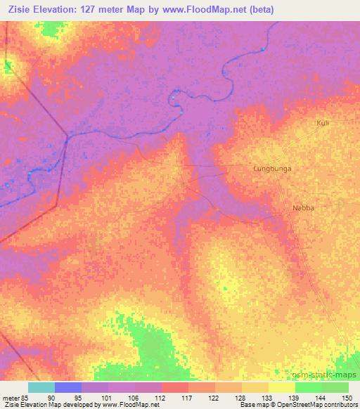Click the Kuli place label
pyautogui.click(x=323, y=123)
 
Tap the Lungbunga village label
pyautogui.click(x=272, y=169)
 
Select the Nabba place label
pyautogui.click(x=302, y=208)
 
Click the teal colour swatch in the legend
pyautogui.click(x=41, y=387)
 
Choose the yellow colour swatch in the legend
pyautogui.click(x=281, y=387)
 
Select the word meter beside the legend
pyautogui.click(x=11, y=397)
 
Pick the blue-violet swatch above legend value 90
pyautogui.click(x=68, y=387)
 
